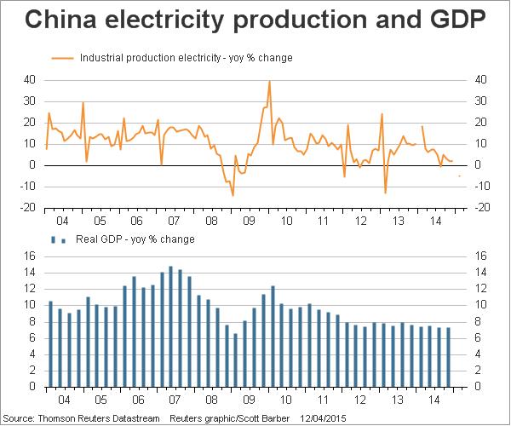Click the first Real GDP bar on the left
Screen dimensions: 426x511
[x=50, y=344]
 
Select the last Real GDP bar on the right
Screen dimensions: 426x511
[x=449, y=357]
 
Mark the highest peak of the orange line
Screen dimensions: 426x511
[x=269, y=82]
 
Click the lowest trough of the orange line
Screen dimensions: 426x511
[x=233, y=195]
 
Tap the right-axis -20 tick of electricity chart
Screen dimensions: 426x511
[x=479, y=207]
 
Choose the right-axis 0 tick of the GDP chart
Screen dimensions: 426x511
[x=477, y=387]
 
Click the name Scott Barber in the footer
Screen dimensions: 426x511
[x=267, y=418]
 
